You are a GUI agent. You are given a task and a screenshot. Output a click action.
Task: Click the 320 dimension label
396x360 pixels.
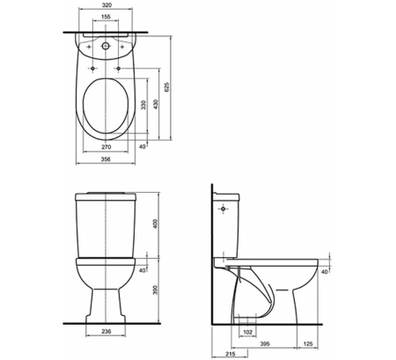pos(106,5)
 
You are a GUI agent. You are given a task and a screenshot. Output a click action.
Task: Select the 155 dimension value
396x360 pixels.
pos(106,17)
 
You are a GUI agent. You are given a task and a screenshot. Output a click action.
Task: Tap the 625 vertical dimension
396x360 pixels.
pos(166,87)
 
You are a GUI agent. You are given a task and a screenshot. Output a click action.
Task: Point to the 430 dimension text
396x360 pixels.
pos(156,104)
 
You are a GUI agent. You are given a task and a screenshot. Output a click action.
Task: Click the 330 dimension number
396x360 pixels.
pos(143,105)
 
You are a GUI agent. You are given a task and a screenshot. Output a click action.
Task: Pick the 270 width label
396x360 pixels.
pos(106,147)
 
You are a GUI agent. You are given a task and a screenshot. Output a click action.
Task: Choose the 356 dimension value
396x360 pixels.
pos(106,159)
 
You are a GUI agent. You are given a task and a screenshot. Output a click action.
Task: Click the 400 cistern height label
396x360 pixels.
pos(156,224)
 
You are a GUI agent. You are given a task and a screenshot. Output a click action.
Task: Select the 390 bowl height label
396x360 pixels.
pos(156,290)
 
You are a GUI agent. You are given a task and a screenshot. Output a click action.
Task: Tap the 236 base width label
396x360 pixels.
pos(106,331)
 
